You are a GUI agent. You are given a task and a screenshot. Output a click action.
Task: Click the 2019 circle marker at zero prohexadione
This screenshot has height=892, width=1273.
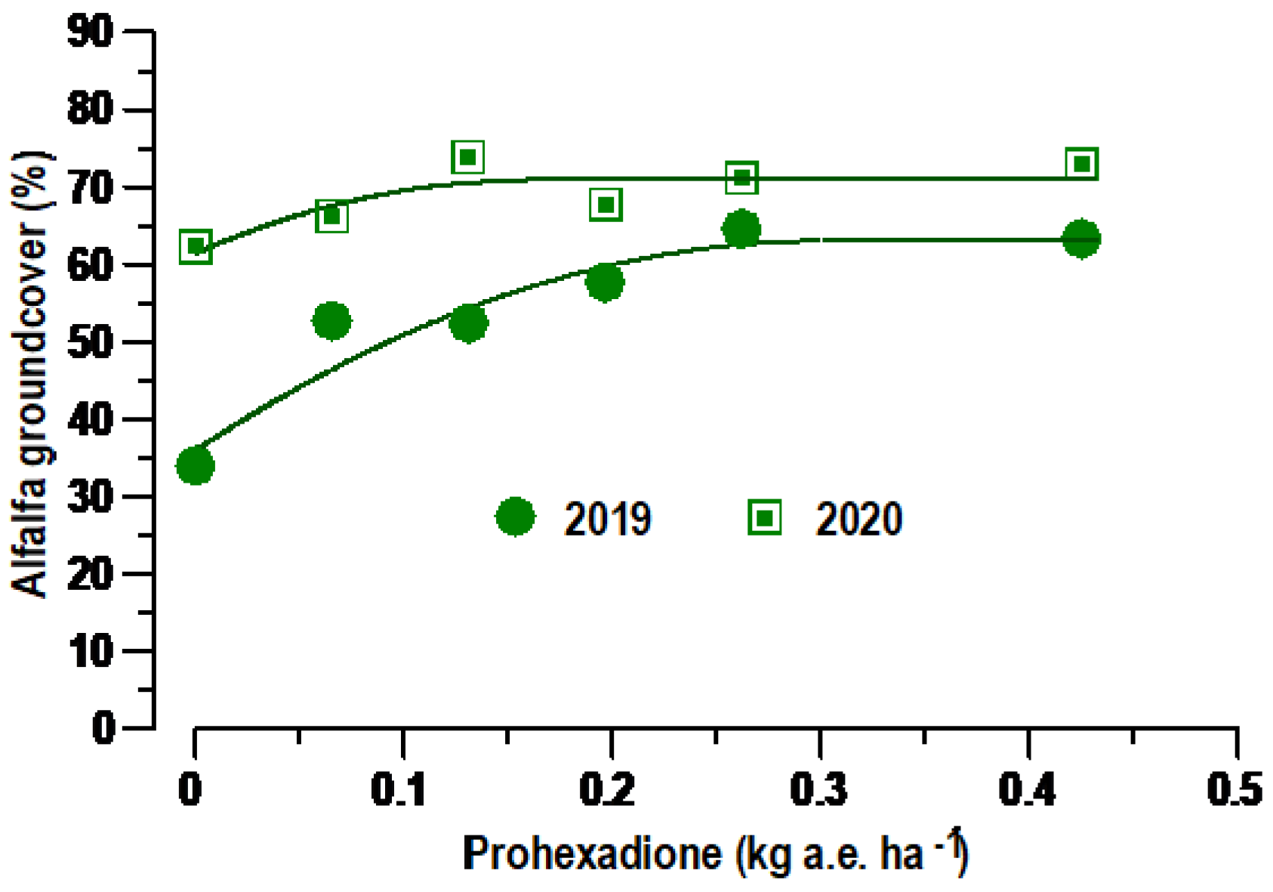pyautogui.click(x=195, y=465)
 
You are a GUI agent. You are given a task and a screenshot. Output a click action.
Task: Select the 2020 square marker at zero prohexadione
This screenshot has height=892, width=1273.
pyautogui.click(x=196, y=246)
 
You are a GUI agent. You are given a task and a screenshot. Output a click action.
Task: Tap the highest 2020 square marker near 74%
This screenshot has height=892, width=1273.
pyautogui.click(x=467, y=157)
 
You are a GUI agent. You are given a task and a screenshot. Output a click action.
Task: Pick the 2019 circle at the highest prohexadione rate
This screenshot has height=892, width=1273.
pyautogui.click(x=1081, y=239)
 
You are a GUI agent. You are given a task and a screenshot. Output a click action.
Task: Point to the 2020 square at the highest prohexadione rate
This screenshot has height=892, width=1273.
pyautogui.click(x=1082, y=163)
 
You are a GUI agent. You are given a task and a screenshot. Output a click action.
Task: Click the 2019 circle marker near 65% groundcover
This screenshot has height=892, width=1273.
pyautogui.click(x=741, y=229)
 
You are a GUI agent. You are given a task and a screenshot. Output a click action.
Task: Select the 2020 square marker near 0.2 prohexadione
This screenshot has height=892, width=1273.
pyautogui.click(x=605, y=205)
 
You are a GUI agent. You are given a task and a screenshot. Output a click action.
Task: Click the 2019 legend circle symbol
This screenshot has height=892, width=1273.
pyautogui.click(x=516, y=517)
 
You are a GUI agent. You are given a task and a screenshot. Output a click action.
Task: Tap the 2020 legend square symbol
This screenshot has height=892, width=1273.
pyautogui.click(x=764, y=518)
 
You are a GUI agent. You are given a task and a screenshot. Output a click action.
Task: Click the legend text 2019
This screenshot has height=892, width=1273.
pyautogui.click(x=608, y=519)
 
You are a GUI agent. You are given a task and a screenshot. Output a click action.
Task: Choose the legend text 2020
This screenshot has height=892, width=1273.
pyautogui.click(x=858, y=519)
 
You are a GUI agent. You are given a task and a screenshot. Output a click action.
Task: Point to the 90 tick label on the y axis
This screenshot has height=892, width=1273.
pyautogui.click(x=90, y=32)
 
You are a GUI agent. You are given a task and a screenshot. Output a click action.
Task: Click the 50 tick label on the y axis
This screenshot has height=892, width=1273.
pyautogui.click(x=90, y=342)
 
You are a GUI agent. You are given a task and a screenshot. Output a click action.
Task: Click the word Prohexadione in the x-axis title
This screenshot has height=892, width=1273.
pyautogui.click(x=592, y=854)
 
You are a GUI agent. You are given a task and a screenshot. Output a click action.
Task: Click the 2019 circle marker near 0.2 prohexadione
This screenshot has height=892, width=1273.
pyautogui.click(x=605, y=282)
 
